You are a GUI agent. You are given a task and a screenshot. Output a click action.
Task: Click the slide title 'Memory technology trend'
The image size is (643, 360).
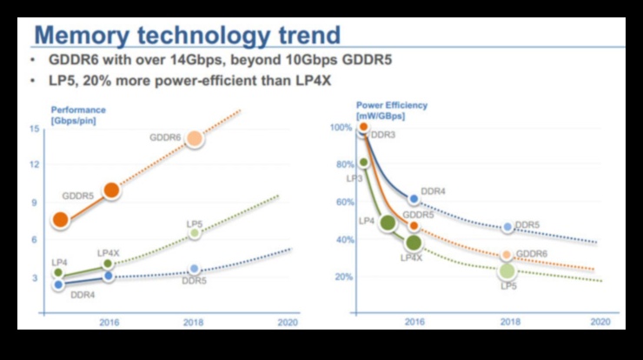[x=186, y=36]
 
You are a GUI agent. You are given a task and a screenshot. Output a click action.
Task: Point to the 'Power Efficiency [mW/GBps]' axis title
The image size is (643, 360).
[x=391, y=110]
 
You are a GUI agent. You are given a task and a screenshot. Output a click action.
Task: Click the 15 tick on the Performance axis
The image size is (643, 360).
[x=35, y=129]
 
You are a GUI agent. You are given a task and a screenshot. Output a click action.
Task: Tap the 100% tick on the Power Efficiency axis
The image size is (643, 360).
[x=341, y=128]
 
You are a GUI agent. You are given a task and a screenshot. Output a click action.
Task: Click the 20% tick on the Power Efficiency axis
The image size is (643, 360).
[x=343, y=277]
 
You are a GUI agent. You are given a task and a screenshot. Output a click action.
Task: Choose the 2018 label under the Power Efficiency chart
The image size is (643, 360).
[x=507, y=322]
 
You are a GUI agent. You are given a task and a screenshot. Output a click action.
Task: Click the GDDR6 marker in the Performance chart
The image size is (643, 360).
[x=195, y=139]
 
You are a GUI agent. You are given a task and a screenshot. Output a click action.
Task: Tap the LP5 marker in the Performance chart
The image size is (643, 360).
[x=195, y=233]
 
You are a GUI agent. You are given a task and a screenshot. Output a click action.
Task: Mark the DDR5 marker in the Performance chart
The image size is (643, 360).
[x=195, y=270]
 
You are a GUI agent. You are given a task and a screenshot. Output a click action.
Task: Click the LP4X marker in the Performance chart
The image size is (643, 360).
[x=108, y=263]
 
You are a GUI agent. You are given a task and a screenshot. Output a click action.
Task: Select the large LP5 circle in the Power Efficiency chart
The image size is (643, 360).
[x=507, y=270]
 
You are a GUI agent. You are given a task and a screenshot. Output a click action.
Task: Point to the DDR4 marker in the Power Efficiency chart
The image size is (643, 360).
[x=414, y=199]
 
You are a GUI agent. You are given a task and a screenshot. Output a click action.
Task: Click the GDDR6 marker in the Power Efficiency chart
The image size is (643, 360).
[x=507, y=255]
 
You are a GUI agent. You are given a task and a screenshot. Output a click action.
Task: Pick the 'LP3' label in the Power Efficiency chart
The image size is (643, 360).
[x=355, y=178]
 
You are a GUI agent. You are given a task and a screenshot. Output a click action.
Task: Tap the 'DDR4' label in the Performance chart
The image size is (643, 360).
[x=83, y=295]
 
